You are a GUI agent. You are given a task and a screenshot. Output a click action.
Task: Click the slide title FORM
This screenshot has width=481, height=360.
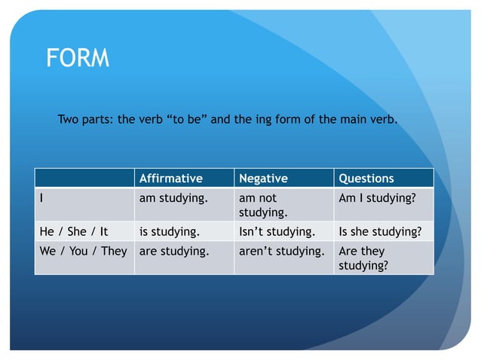(78, 58)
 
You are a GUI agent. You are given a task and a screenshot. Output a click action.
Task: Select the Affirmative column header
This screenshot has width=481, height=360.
(171, 178)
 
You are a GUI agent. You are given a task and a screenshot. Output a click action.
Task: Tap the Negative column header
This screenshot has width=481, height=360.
(263, 178)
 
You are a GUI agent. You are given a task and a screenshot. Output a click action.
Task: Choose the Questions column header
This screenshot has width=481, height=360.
(366, 178)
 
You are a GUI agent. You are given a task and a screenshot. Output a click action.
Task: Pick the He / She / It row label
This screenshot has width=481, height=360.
(74, 231)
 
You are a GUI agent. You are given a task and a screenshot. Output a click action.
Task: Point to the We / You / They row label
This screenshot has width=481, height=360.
(83, 251)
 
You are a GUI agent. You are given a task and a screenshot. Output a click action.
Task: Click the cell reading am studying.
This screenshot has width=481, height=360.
(173, 198)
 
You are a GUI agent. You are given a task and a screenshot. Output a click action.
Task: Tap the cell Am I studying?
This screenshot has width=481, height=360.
(377, 198)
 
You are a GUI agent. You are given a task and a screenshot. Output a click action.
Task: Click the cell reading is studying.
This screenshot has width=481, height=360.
(170, 231)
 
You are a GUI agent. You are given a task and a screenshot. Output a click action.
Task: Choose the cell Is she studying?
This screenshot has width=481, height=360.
(380, 231)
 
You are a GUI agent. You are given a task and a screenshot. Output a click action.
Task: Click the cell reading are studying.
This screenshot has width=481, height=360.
(173, 251)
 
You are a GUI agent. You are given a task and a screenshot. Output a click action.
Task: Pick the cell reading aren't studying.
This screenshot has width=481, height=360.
(281, 251)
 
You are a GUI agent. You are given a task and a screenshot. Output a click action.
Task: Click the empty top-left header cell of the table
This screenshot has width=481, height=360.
(84, 178)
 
